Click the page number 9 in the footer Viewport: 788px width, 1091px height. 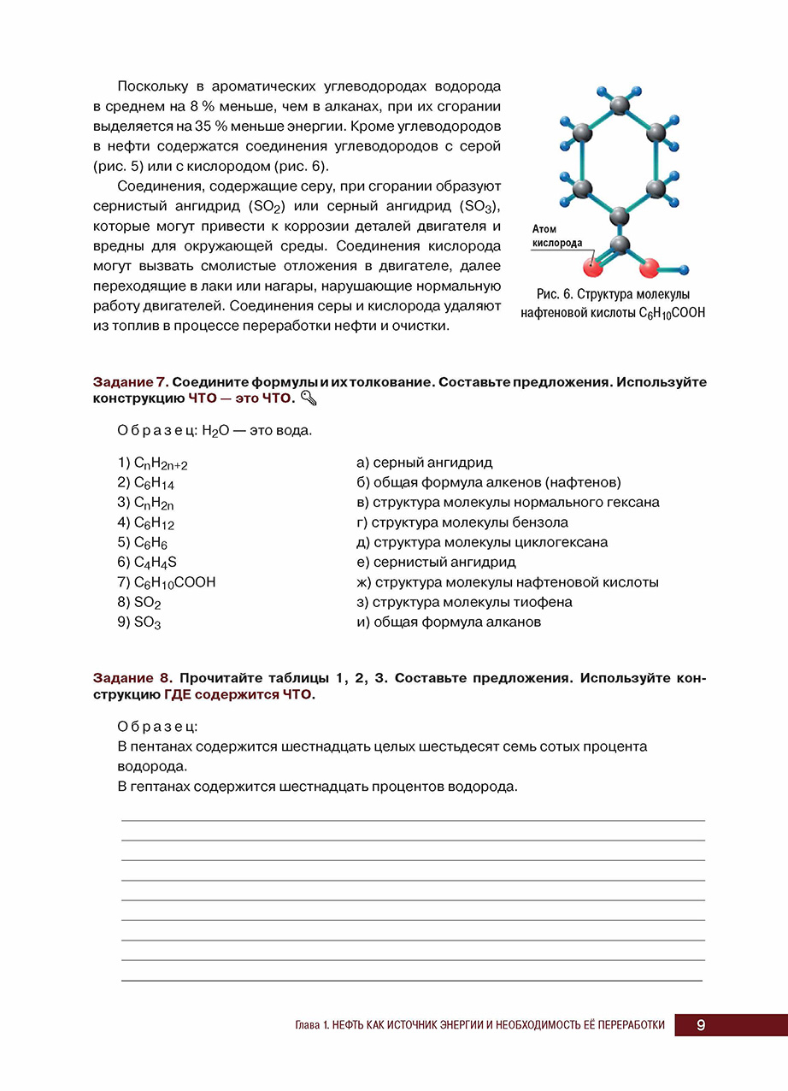click(x=700, y=1025)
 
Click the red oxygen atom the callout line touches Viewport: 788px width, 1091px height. click(x=591, y=267)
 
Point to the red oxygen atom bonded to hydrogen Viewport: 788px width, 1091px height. click(x=650, y=268)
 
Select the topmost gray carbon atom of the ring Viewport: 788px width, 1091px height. click(x=620, y=105)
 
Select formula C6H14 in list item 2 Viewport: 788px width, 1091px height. click(x=154, y=483)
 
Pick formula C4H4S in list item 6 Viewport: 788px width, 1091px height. click(x=156, y=563)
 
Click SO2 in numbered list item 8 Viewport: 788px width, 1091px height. click(x=148, y=603)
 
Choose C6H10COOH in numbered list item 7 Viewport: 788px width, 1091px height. click(x=174, y=582)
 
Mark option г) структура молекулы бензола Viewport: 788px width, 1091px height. click(x=462, y=522)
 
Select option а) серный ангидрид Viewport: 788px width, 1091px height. click(x=424, y=463)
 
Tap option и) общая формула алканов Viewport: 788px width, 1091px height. click(x=449, y=622)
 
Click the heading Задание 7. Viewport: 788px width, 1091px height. click(x=132, y=382)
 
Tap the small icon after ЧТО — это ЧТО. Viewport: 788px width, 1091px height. click(x=309, y=399)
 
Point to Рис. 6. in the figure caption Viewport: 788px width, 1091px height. click(x=551, y=294)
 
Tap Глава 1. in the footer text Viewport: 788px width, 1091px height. click(x=311, y=1025)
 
